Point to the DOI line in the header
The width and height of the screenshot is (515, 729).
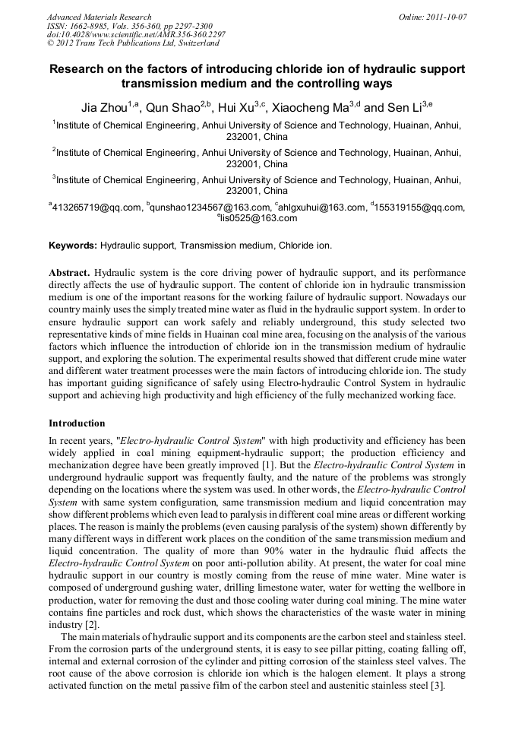[x=136, y=35]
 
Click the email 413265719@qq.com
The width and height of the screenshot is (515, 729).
[x=96, y=208]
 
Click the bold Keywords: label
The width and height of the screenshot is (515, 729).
[x=73, y=246]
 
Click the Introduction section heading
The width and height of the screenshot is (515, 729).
[x=77, y=422]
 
